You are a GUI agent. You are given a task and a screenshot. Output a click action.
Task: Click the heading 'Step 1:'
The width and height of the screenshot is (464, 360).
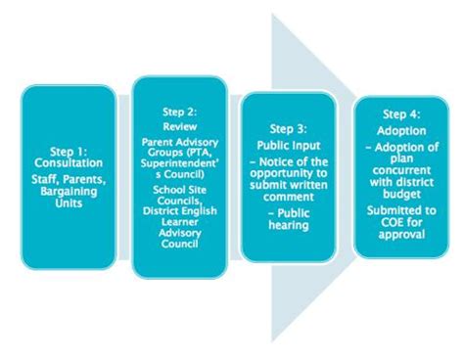coord(70,152)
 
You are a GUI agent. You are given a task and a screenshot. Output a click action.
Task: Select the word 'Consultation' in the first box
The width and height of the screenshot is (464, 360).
coord(70,165)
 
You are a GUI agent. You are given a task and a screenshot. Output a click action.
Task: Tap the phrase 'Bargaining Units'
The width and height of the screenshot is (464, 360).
coord(70,186)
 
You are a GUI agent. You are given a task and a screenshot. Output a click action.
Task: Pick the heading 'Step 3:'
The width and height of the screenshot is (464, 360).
coord(289,127)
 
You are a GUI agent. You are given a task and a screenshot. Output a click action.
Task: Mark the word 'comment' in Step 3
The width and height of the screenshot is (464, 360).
coord(289,195)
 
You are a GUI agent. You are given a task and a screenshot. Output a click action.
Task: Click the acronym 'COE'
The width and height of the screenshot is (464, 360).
coord(386,220)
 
